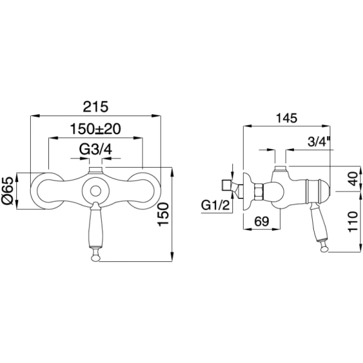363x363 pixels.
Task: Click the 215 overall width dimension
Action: coord(96,107)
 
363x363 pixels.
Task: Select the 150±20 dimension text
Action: coord(96,129)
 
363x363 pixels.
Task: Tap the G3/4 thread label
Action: coord(96,149)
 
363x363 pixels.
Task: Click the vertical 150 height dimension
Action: coord(163,214)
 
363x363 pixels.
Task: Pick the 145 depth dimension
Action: coord(286,118)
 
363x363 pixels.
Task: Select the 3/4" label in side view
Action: coord(319,142)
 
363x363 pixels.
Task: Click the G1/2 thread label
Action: coord(215,205)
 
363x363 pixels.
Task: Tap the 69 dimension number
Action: coord(261,221)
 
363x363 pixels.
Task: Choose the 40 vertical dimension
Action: coord(353,178)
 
